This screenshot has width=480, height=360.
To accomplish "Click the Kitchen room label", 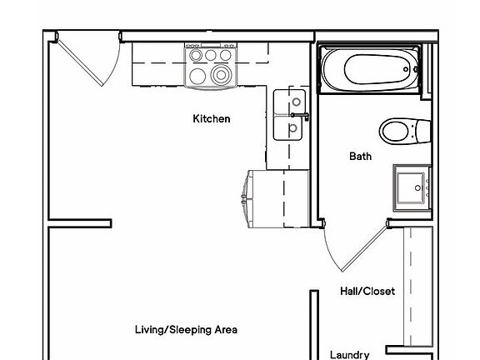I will click(x=212, y=119).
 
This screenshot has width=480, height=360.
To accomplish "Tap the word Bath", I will click(x=360, y=156).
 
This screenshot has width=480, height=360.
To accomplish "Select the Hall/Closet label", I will click(x=367, y=292).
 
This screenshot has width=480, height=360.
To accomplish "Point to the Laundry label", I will click(x=350, y=355).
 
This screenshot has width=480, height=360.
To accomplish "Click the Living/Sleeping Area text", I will click(x=186, y=330).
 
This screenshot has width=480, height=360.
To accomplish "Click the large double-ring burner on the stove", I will click(x=221, y=74).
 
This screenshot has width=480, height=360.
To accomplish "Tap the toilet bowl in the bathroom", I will click(x=394, y=131).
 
